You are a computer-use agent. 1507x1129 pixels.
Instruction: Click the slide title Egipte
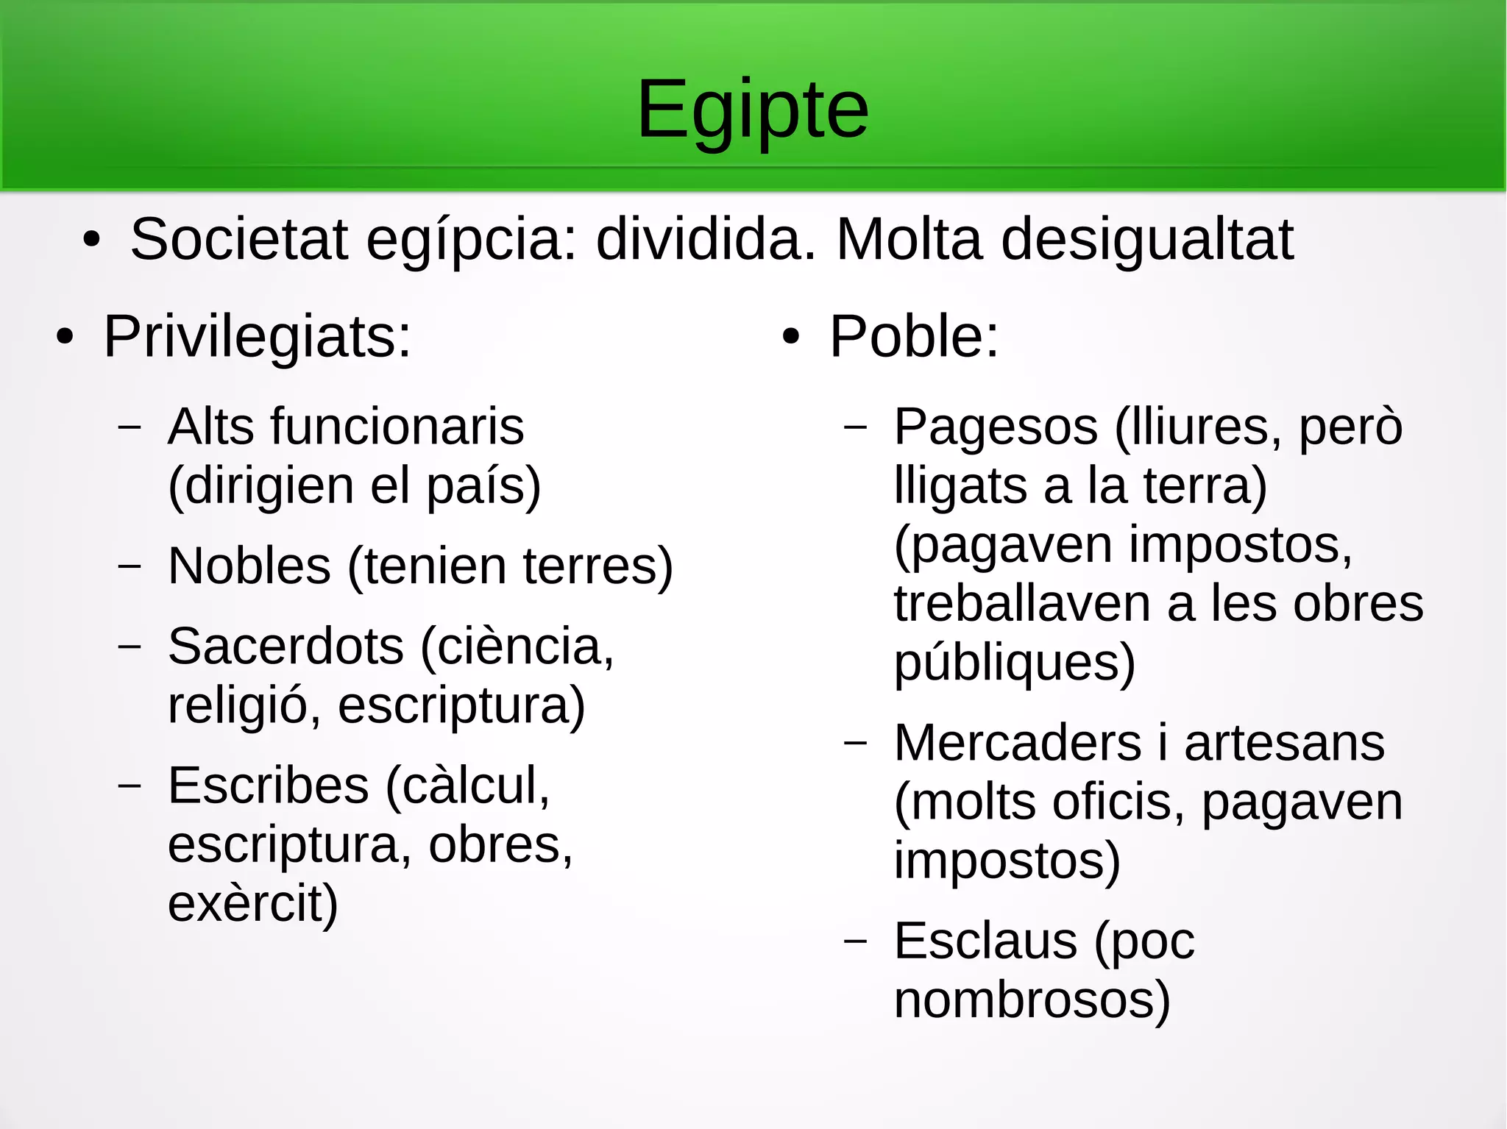point(753,110)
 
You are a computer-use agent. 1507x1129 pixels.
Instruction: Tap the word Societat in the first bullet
point(238,240)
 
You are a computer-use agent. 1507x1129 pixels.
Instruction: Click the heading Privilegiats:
point(257,337)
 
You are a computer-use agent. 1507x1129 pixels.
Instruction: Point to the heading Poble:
point(914,337)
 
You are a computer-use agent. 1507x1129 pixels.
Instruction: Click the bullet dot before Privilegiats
point(65,338)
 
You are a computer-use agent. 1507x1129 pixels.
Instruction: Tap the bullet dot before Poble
point(791,338)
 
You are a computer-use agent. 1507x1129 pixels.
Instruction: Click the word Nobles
point(249,566)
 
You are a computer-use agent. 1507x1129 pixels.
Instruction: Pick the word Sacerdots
point(286,647)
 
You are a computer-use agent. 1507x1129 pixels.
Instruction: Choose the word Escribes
point(268,786)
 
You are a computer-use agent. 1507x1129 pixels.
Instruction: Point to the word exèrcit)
point(252,905)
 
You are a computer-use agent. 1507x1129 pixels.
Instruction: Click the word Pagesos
point(996,428)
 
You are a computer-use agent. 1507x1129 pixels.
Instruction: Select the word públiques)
point(1014,663)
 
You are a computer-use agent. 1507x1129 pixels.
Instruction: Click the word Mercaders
point(1018,743)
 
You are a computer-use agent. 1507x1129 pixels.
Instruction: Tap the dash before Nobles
point(130,566)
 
